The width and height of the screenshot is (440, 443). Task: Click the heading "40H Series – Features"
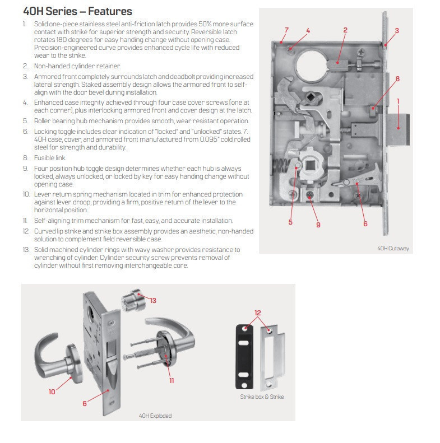coord(77,11)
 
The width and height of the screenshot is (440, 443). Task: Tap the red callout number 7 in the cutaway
coord(286,30)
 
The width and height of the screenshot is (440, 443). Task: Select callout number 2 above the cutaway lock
coord(345,30)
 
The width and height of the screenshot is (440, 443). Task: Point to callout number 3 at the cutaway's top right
coord(397,30)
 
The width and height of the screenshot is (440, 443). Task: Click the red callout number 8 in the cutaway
coord(397,79)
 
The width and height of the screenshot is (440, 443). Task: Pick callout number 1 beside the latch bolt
coord(398,101)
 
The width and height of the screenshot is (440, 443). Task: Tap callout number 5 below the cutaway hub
coord(290,222)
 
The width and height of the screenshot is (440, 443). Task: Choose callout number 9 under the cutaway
coord(318,225)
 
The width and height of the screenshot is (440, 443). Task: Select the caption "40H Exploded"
coord(155,416)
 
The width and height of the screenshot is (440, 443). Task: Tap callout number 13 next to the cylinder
coord(152,300)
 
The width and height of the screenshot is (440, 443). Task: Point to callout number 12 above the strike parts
coord(258,313)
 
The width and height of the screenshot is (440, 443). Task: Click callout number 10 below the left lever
coord(52,391)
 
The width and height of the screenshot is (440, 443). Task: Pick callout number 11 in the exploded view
coord(172,380)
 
